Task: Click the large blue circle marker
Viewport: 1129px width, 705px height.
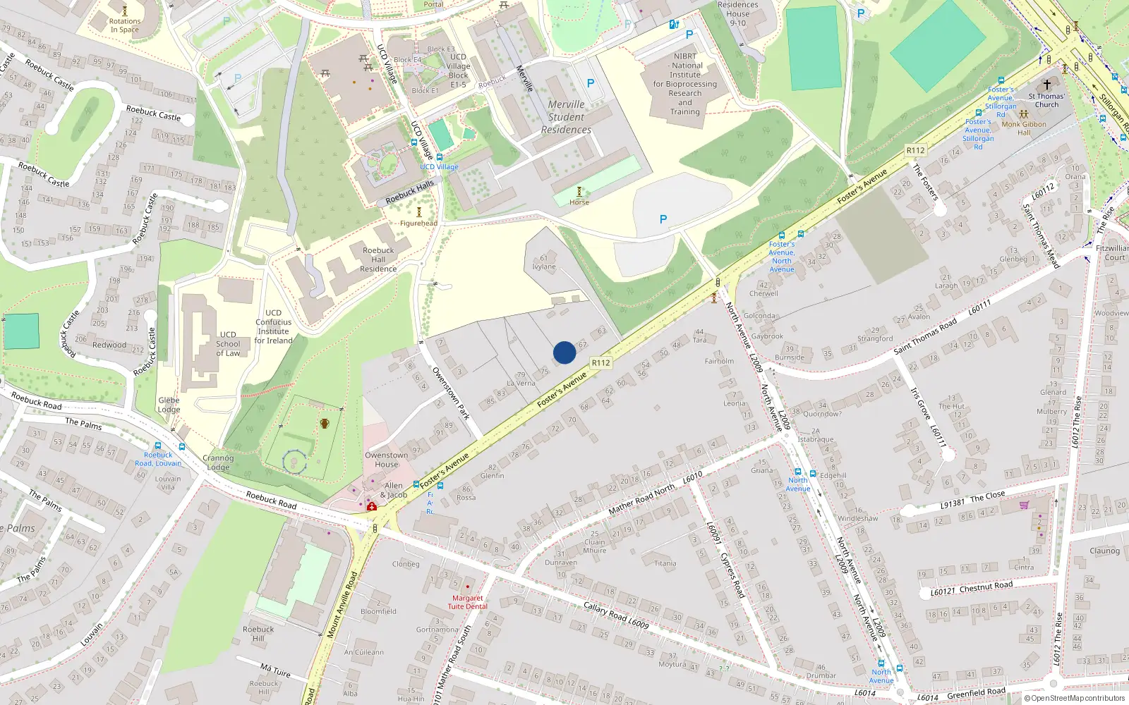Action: click(564, 352)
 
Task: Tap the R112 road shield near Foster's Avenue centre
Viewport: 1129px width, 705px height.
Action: click(600, 363)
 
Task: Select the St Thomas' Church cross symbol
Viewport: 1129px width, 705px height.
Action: click(1047, 85)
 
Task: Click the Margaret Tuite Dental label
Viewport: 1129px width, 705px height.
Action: click(467, 602)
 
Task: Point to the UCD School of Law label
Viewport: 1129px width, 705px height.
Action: click(228, 344)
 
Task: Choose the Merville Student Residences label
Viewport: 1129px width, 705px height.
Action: click(566, 117)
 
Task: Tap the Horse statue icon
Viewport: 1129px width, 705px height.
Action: click(579, 192)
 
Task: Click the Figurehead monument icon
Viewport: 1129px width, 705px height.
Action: click(419, 212)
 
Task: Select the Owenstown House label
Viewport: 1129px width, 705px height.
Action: click(387, 460)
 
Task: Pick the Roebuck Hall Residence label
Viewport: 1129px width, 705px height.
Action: click(378, 259)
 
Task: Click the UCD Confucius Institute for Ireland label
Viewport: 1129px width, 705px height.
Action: click(273, 326)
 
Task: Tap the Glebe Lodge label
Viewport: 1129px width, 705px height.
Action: click(169, 405)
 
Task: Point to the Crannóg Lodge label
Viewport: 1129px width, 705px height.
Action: click(218, 462)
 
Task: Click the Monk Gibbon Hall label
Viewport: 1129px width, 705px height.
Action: click(1024, 128)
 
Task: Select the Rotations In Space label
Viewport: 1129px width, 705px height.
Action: click(125, 25)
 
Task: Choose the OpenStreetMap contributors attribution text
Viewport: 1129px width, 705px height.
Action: click(1074, 699)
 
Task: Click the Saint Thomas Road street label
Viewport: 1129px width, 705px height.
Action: click(925, 336)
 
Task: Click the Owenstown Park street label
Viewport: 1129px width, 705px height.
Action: click(451, 393)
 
